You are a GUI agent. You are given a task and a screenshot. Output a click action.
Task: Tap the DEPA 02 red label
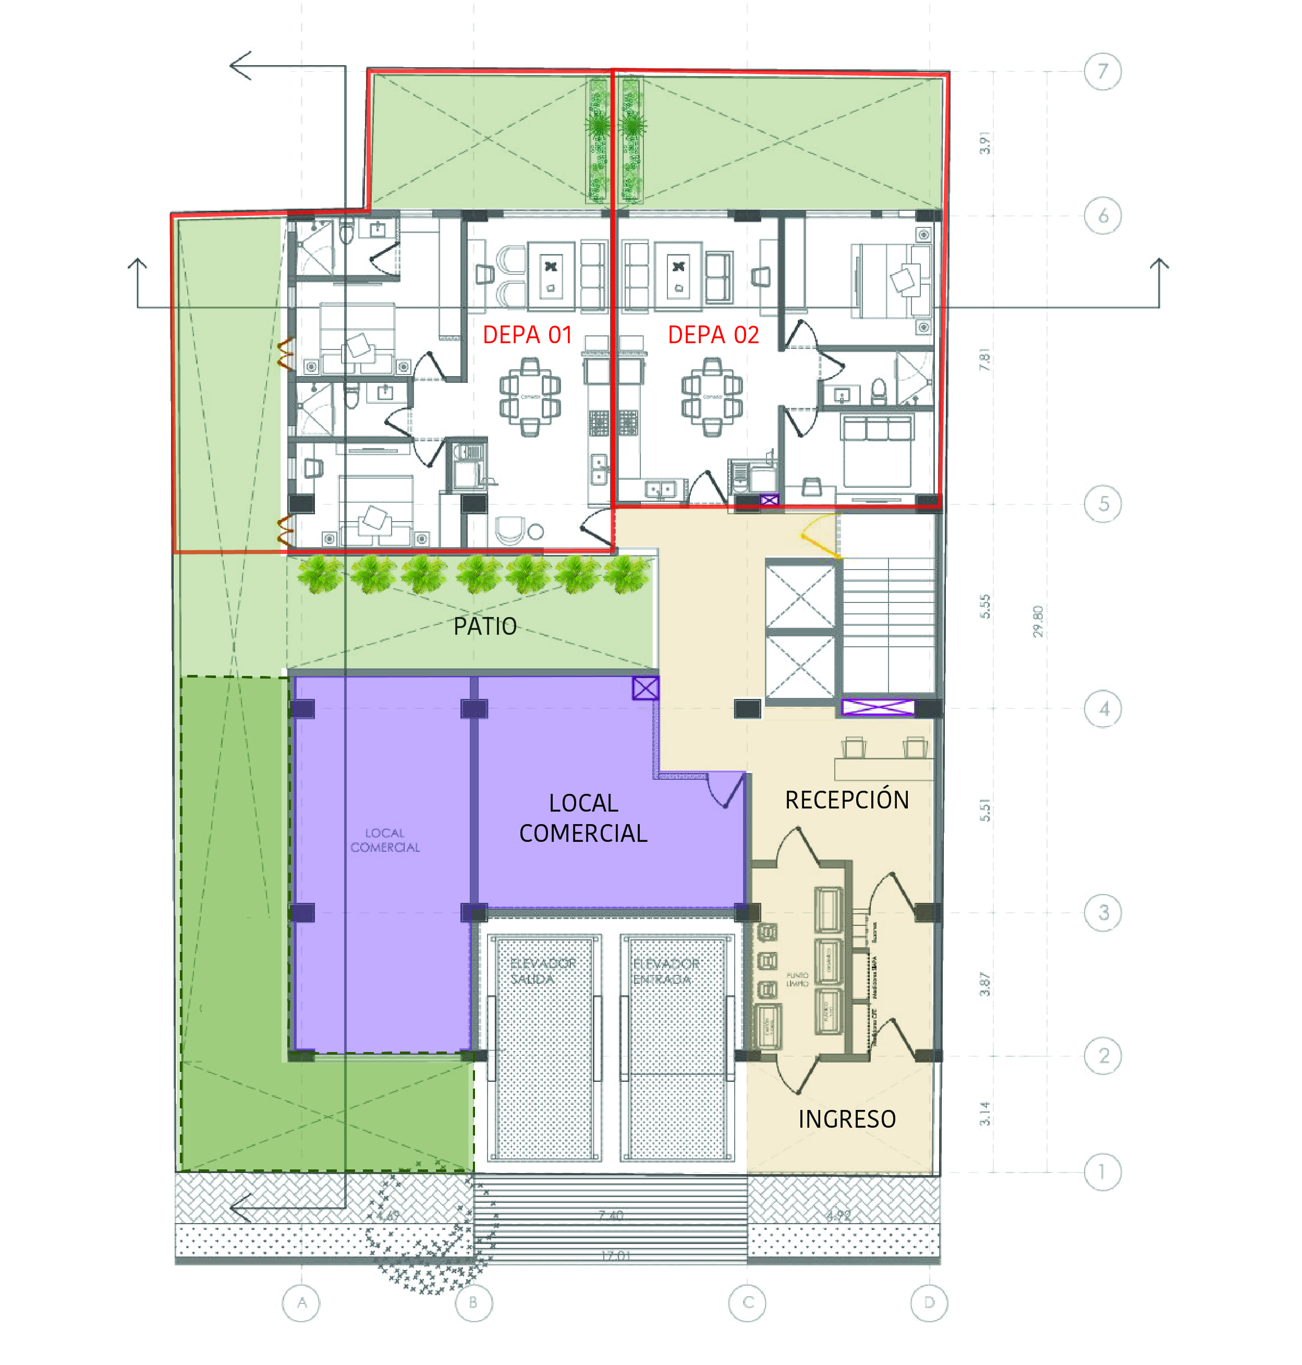coord(713,335)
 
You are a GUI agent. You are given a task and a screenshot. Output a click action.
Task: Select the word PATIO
coord(484,626)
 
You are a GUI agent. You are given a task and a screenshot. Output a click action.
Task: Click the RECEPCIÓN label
coord(846,800)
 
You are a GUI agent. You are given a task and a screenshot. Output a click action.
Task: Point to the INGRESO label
coord(846,1119)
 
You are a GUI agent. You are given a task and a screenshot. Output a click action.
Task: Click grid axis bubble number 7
coord(1102,71)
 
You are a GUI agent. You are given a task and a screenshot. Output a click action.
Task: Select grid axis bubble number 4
coord(1102,709)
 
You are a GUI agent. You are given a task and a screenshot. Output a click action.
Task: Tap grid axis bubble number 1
coord(1102,1172)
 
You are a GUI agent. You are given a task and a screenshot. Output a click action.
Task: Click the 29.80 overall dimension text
coord(1037,621)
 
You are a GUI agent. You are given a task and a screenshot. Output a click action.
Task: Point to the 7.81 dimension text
coord(984,360)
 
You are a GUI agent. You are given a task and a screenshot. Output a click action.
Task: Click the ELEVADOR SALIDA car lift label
coord(542,971)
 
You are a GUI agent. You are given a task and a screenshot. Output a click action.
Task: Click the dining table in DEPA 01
coord(530,396)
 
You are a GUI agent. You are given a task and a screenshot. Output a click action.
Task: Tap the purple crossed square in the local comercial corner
coord(645,688)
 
